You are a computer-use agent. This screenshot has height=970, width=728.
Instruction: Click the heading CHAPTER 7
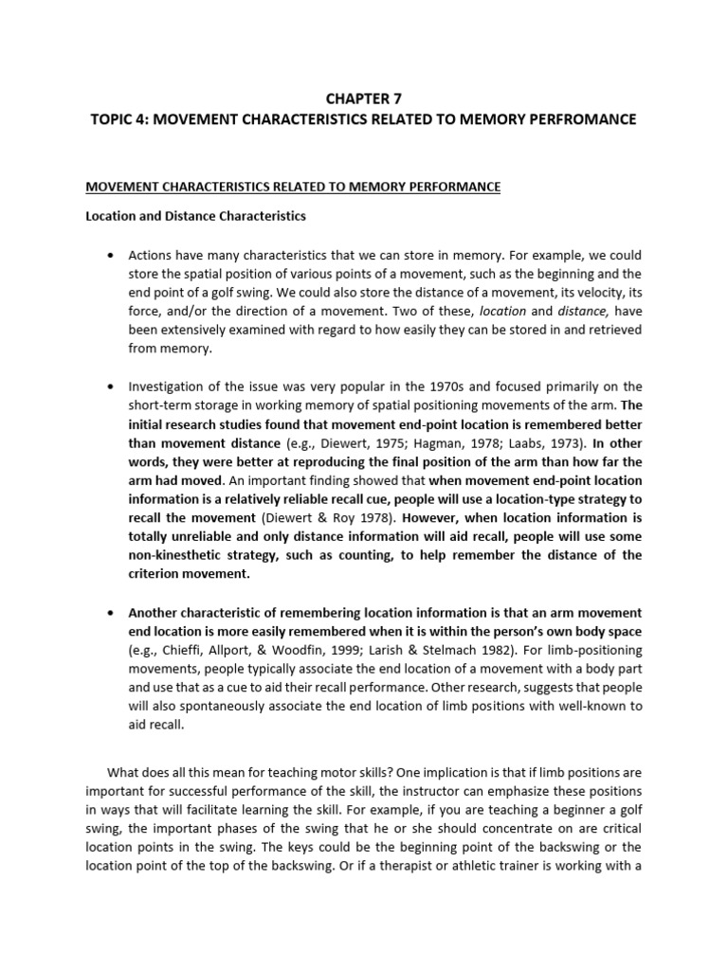coord(364,97)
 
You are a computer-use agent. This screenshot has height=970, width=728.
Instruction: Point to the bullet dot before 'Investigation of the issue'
coord(111,386)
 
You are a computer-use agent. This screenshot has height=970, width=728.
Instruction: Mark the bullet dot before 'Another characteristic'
coord(111,613)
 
